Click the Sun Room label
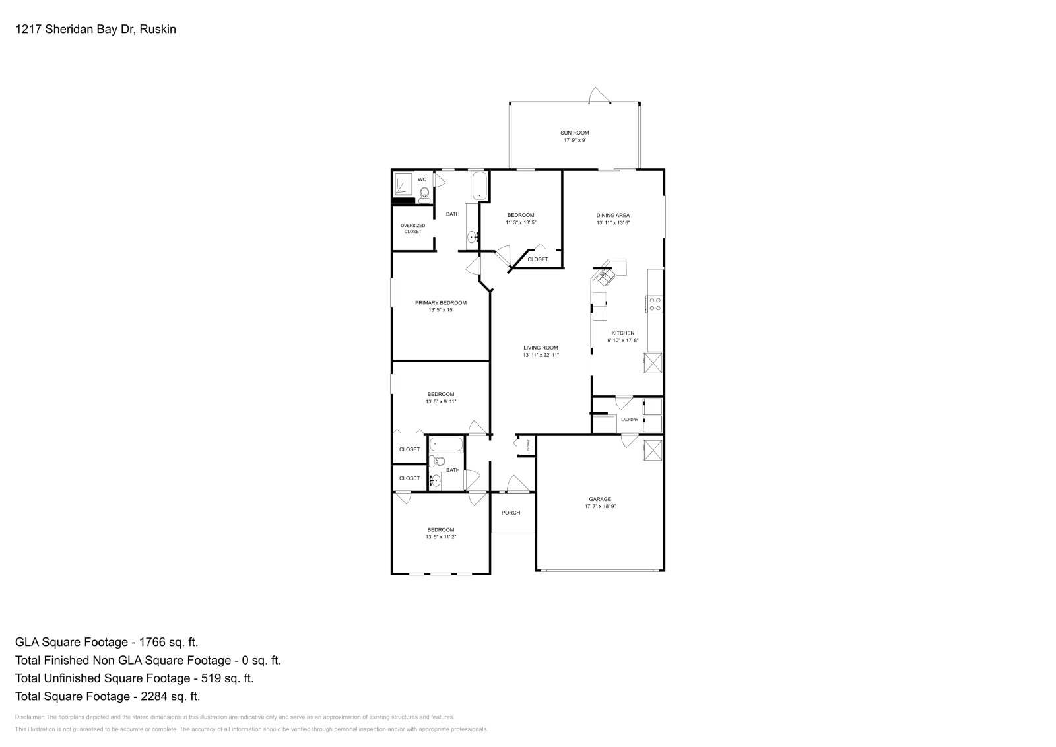click(575, 133)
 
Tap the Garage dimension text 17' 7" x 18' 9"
click(600, 507)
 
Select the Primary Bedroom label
click(440, 303)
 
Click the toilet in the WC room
click(424, 193)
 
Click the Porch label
click(511, 513)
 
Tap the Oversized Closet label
click(412, 228)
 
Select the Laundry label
click(629, 420)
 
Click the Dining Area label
click(613, 215)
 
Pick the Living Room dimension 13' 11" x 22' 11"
click(541, 356)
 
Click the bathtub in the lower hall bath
click(446, 445)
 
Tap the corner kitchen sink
click(604, 277)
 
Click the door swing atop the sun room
click(597, 95)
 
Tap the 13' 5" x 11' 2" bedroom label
click(441, 537)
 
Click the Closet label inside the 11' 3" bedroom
click(538, 259)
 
